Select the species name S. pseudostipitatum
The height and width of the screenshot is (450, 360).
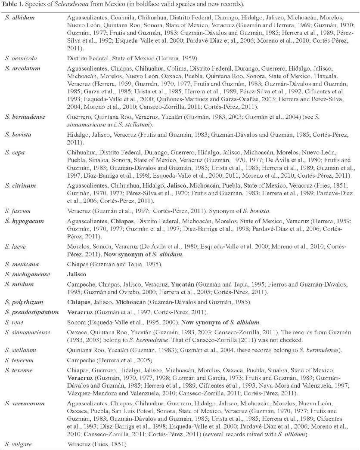pyautogui.click(x=32, y=311)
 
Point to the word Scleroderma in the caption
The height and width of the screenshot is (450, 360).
pyautogui.click(x=72, y=4)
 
